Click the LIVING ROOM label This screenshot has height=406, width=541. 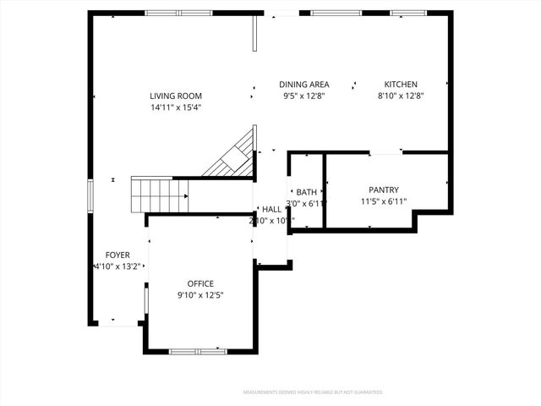(x=176, y=96)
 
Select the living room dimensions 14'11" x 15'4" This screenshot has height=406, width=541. (x=176, y=107)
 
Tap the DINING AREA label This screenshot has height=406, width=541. (x=304, y=85)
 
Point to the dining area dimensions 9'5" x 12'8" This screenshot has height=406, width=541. (x=304, y=96)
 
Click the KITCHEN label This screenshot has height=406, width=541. (x=401, y=85)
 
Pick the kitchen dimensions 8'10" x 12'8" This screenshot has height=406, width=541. (x=401, y=96)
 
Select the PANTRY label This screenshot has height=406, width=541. (x=384, y=190)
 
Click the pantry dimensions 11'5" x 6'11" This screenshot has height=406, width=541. (x=384, y=201)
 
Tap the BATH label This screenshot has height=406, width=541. (x=306, y=193)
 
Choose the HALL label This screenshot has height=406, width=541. (x=271, y=210)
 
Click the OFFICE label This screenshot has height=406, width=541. (x=200, y=284)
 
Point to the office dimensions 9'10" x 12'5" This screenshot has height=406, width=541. (x=200, y=295)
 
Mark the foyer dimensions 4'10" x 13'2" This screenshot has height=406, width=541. (x=117, y=266)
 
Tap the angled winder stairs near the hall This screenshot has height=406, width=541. (x=238, y=156)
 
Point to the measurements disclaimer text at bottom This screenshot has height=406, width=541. (x=313, y=392)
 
